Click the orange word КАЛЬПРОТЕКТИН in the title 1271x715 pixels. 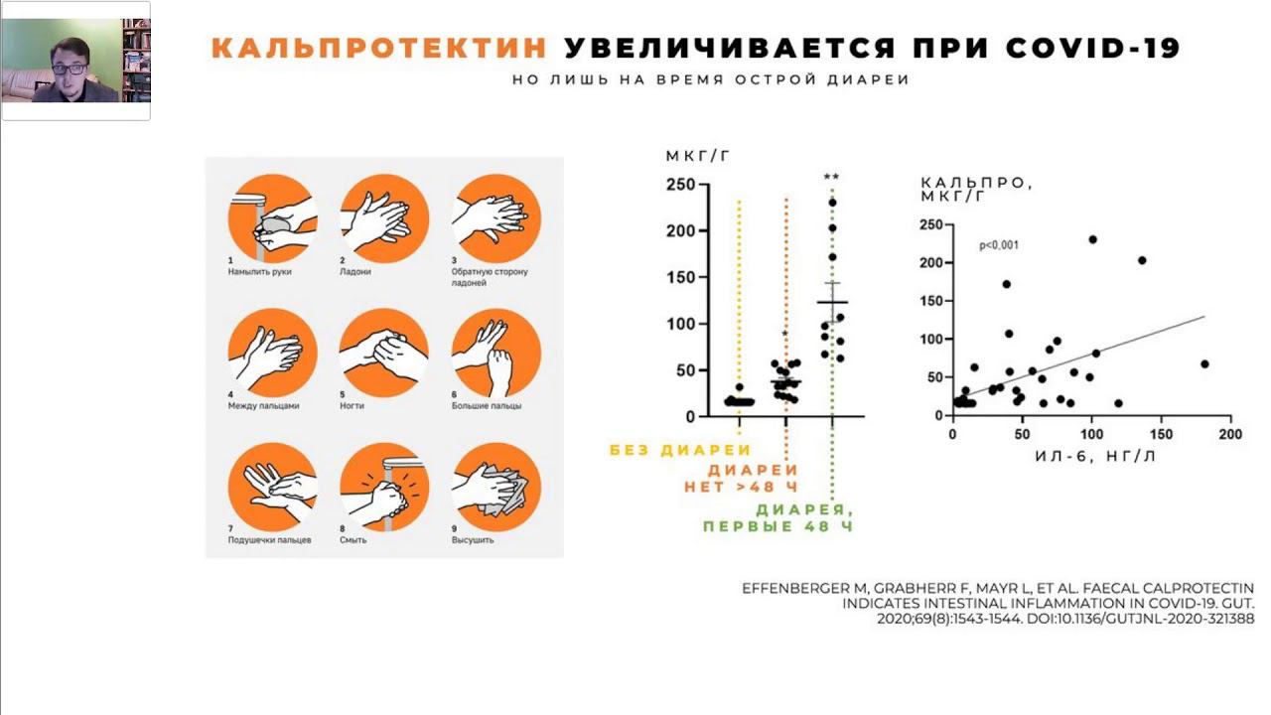[379, 48]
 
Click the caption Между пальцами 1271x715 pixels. [263, 405]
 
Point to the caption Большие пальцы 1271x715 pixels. [487, 405]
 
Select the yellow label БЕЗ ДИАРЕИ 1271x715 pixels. [680, 450]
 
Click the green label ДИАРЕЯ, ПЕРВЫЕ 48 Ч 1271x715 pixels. [778, 517]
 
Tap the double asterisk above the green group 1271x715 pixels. [832, 179]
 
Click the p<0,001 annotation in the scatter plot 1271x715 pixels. [999, 245]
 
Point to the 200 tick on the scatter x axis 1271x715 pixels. [1230, 435]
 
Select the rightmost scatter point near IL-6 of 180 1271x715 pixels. [1204, 363]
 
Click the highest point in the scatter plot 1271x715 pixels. [1092, 239]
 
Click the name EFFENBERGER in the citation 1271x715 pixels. [794, 589]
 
